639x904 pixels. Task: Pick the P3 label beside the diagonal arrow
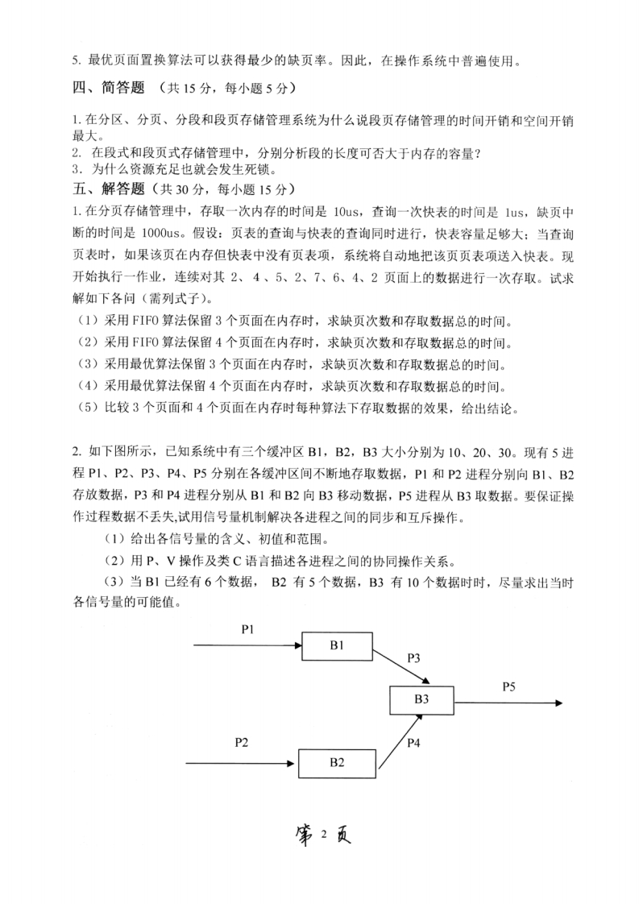tap(413, 657)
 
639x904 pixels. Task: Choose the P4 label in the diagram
tap(413, 742)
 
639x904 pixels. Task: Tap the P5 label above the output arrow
tap(508, 686)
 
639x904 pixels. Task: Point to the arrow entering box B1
tap(247, 645)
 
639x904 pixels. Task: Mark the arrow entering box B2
tap(242, 761)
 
